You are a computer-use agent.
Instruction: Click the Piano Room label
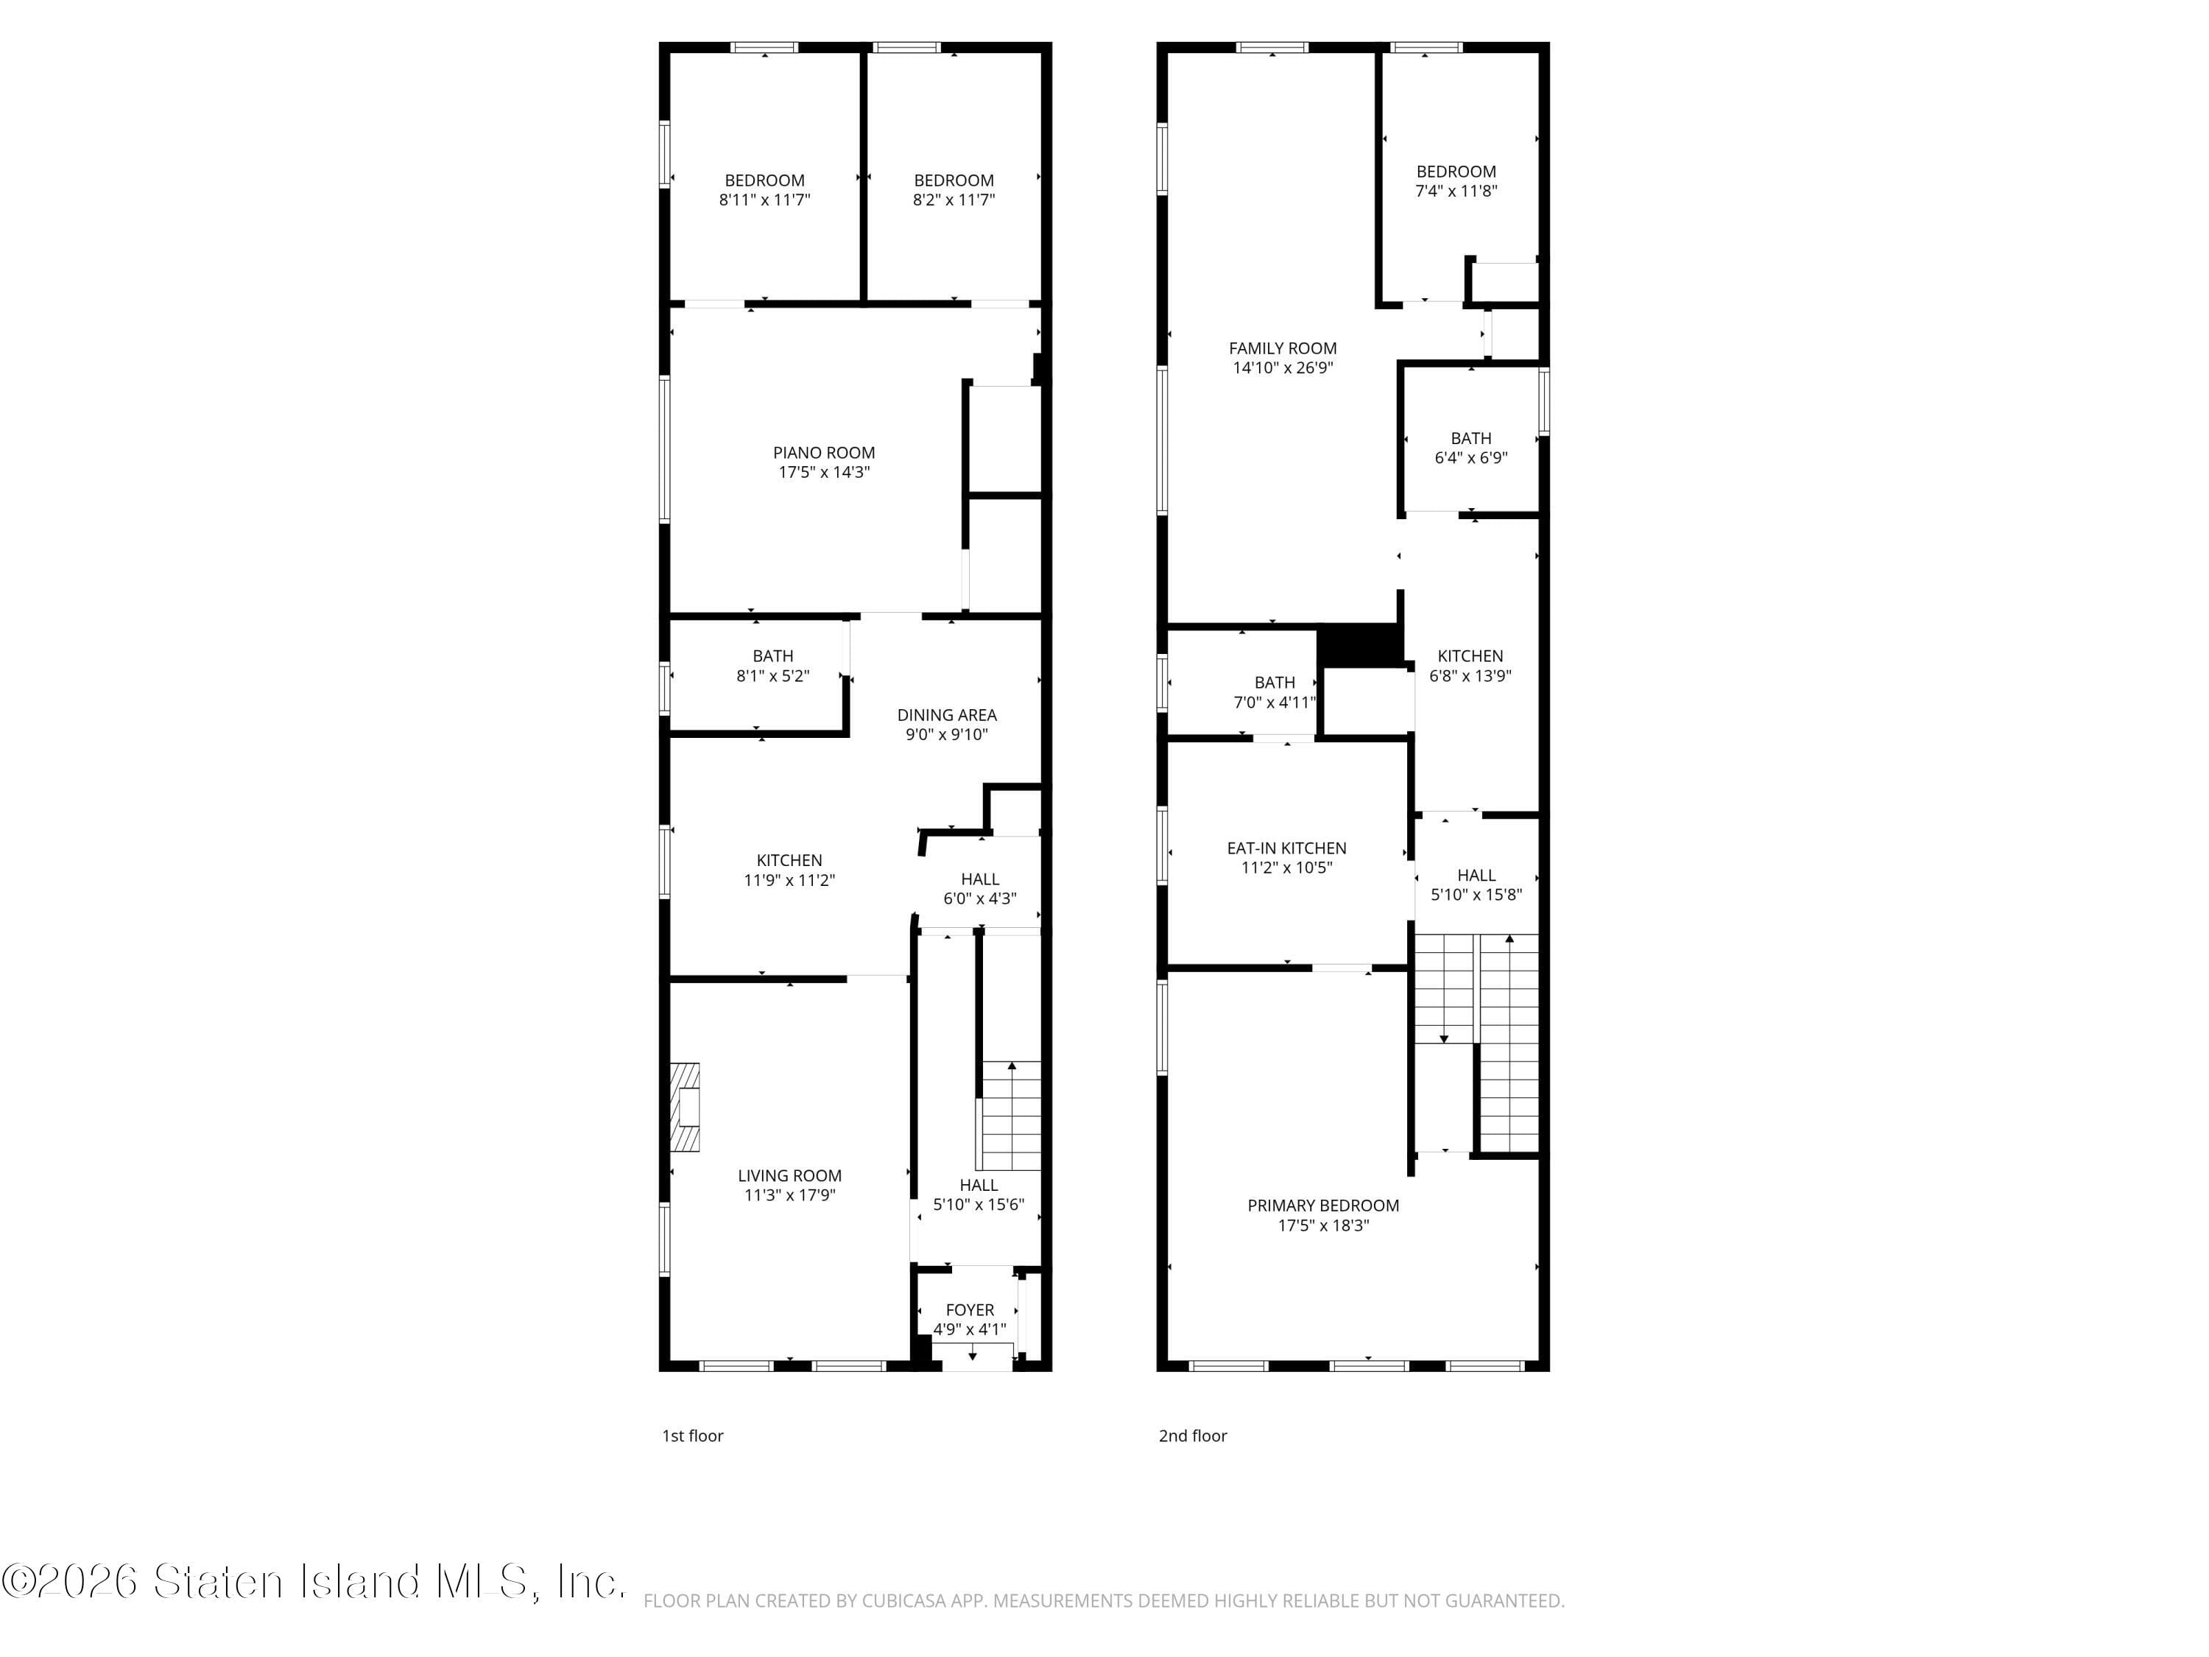(x=824, y=452)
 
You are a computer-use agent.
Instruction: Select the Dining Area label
(x=947, y=715)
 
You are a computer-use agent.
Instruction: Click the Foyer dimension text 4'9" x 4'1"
(x=970, y=1329)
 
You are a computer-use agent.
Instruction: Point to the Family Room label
(x=1282, y=348)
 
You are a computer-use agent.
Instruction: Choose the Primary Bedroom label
(x=1323, y=1206)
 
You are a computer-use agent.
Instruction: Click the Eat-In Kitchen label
(x=1286, y=848)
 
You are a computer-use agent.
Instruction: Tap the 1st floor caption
(x=692, y=1435)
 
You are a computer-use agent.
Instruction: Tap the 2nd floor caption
(x=1192, y=1435)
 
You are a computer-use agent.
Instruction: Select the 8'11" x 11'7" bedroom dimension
(x=764, y=200)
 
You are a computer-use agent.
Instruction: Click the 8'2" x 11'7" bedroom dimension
(x=954, y=200)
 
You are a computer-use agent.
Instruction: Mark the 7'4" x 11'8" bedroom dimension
(x=1456, y=191)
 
